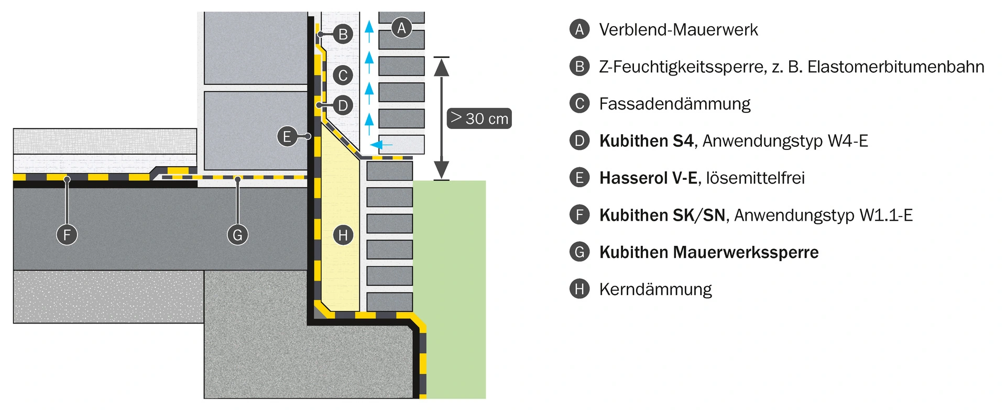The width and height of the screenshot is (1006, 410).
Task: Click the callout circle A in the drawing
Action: tap(402, 28)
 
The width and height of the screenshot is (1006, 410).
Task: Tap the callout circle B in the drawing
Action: tap(343, 35)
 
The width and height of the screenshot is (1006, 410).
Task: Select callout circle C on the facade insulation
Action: tap(343, 75)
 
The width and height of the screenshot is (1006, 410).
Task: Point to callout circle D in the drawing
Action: tap(343, 106)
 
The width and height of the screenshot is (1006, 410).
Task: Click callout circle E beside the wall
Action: tap(287, 137)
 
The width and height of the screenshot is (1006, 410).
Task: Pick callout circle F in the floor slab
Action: tap(67, 234)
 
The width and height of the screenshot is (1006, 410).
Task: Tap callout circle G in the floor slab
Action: tap(238, 234)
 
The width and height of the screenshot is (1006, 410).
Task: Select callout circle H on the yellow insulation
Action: tap(343, 235)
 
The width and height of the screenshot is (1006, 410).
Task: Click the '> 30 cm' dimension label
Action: tap(479, 118)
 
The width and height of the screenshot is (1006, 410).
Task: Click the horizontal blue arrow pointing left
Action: tap(381, 144)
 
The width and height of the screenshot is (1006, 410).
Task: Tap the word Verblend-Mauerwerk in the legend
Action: tap(679, 30)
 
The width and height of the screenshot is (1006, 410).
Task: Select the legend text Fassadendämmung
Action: tap(675, 104)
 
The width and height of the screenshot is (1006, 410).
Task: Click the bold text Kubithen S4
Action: tap(647, 141)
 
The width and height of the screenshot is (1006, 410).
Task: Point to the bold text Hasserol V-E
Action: tap(648, 178)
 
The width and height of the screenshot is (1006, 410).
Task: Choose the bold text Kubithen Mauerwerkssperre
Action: tap(709, 253)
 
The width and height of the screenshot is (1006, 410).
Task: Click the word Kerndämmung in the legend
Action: tap(655, 289)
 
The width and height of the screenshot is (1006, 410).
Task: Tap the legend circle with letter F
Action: tap(579, 215)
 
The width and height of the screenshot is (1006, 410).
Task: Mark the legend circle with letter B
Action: tap(579, 67)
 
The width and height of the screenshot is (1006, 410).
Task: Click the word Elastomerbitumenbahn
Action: tap(896, 67)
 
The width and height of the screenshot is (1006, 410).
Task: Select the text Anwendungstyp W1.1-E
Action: tap(824, 215)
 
